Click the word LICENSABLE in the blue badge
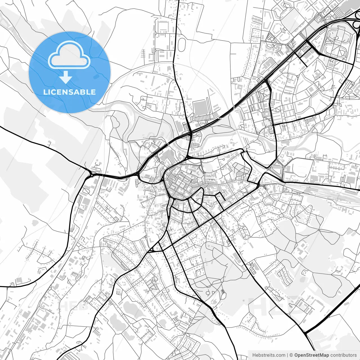(x=69, y=92)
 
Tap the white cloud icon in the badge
(x=69, y=55)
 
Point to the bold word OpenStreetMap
(x=311, y=355)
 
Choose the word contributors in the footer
(x=343, y=355)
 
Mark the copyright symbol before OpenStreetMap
(x=291, y=355)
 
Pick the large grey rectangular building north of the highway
(x=200, y=108)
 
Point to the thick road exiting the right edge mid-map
(x=323, y=185)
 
